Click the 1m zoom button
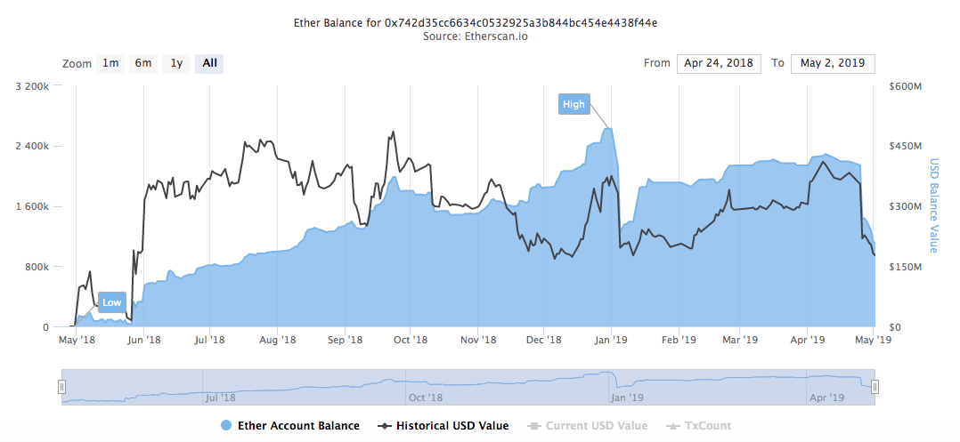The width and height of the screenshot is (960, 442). (110, 63)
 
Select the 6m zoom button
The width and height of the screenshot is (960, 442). (143, 63)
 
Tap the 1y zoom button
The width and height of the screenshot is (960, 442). (176, 63)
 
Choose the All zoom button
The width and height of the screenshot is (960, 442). (209, 63)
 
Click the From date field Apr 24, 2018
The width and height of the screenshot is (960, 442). (719, 63)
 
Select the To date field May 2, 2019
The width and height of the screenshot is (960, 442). (833, 63)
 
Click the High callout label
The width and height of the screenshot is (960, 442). (574, 105)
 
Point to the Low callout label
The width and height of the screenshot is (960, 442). (111, 302)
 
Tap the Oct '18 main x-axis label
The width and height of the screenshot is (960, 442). (411, 340)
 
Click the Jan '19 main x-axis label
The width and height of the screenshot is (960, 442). (612, 340)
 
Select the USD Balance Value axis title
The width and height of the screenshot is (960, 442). (934, 206)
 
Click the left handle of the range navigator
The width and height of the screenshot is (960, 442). (62, 387)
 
